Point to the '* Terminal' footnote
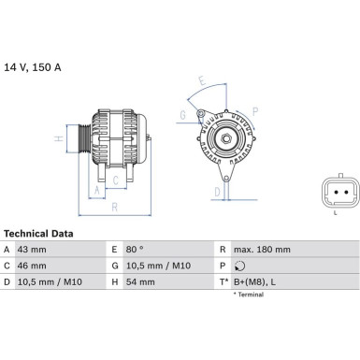point(248,295)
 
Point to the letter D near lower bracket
point(216,191)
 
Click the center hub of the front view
point(225,140)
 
